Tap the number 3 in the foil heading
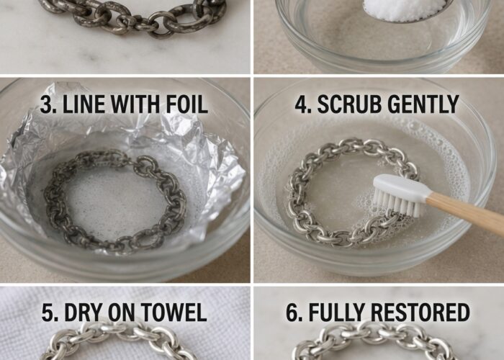point(46,104)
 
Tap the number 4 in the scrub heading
point(302,104)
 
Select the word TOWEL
point(174,312)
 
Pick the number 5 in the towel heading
point(48,312)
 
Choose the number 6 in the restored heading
point(292,312)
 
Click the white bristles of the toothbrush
point(397,202)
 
